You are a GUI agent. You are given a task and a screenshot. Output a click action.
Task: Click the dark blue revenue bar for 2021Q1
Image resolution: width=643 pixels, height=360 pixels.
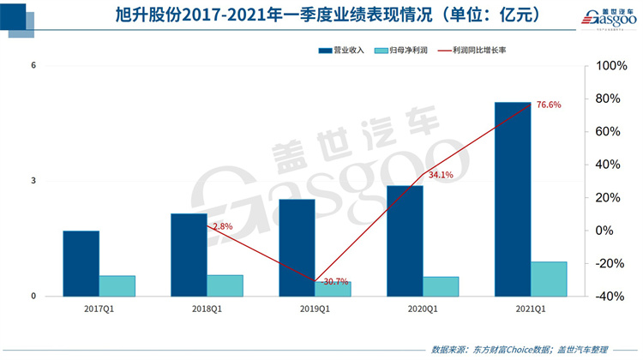pos(513,199)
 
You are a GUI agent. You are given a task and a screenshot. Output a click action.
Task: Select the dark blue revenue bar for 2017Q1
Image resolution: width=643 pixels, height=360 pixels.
pos(81,263)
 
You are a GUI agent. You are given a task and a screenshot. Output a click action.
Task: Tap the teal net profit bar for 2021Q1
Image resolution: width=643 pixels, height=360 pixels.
pos(549,279)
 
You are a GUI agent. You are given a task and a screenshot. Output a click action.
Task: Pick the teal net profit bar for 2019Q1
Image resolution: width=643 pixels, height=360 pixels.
pos(334,289)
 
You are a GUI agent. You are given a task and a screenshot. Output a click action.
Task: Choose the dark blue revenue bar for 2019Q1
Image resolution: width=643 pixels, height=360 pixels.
pos(297,247)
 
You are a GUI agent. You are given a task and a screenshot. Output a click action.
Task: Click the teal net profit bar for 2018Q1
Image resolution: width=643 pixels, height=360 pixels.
pos(225,285)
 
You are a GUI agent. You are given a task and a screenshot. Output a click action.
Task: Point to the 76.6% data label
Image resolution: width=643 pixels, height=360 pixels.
pos(549,105)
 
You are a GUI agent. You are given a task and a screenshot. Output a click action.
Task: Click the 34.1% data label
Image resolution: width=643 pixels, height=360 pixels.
pos(441,175)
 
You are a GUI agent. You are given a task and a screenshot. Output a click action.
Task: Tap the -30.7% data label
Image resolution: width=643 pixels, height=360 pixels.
pos(310,282)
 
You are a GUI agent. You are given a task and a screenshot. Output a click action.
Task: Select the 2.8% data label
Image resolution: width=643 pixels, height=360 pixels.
pos(222,226)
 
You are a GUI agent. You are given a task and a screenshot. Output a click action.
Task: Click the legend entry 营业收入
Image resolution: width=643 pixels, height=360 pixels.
pos(342,51)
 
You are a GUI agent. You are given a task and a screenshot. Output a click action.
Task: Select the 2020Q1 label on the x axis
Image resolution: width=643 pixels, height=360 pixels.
pos(423,309)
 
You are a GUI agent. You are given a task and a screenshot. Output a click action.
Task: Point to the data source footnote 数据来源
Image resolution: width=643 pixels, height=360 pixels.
pos(519,349)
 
